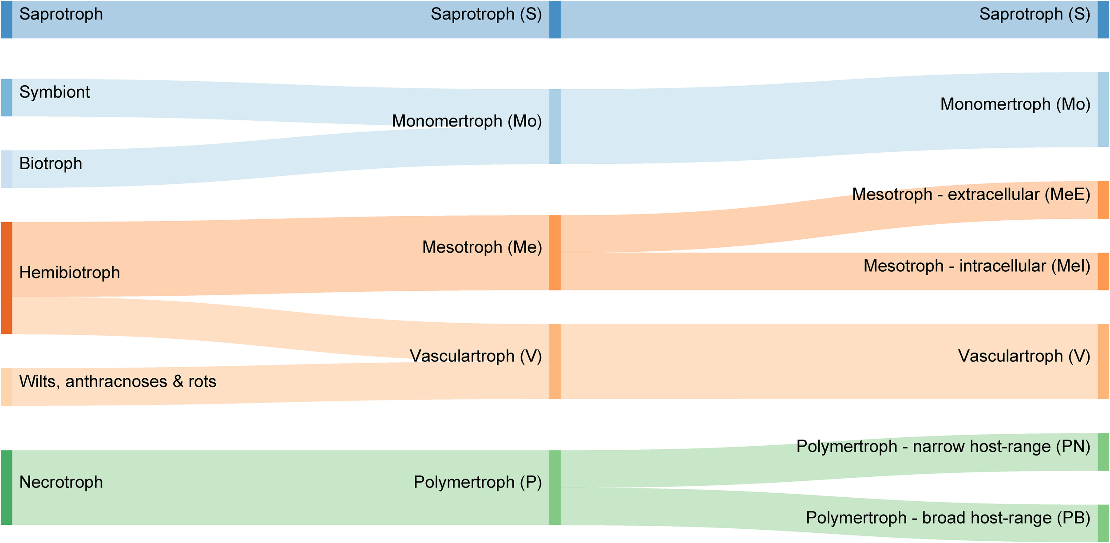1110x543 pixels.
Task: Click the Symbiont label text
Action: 54,92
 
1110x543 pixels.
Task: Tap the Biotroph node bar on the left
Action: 6,169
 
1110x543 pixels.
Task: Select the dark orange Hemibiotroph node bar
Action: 6,278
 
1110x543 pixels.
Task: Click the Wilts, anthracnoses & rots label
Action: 118,382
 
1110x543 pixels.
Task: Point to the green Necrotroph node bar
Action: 6,488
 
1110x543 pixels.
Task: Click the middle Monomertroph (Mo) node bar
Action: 555,127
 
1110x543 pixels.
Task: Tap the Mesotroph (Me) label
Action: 482,247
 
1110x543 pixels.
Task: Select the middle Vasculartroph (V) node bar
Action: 555,361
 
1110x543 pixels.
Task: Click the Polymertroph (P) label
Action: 477,482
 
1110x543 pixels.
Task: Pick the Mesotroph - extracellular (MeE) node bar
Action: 1103,200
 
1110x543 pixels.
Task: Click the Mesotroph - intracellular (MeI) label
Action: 976,266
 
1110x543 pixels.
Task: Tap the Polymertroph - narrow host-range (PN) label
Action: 943,447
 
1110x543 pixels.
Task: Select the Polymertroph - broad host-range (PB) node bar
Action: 1103,523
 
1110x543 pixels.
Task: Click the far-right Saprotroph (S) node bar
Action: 1103,20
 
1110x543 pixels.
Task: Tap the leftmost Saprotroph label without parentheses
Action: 61,14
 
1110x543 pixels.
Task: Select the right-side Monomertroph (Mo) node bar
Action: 1103,110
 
